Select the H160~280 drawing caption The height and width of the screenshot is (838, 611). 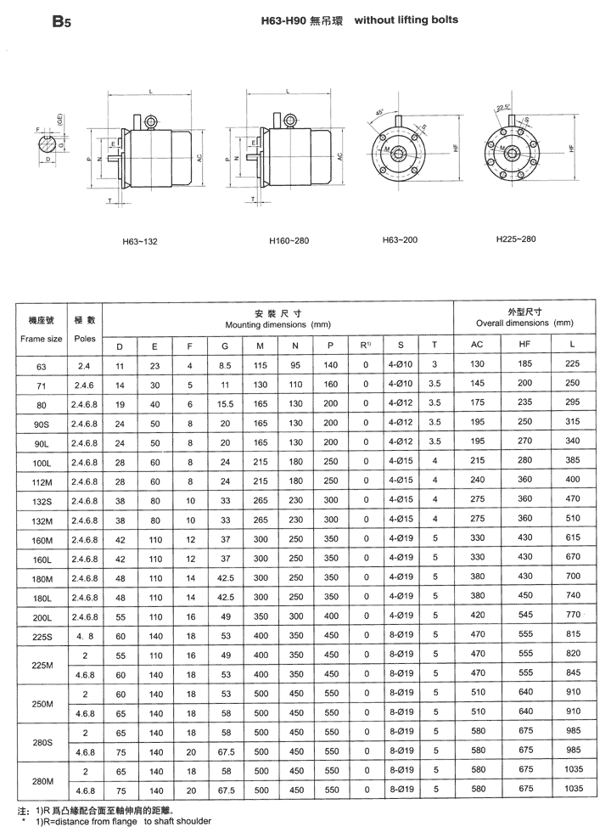(289, 241)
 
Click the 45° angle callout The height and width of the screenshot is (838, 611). (379, 112)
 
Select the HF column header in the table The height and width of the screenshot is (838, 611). (523, 346)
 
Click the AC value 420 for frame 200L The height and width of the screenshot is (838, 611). (477, 616)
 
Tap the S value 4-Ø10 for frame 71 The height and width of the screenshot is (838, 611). (400, 385)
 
